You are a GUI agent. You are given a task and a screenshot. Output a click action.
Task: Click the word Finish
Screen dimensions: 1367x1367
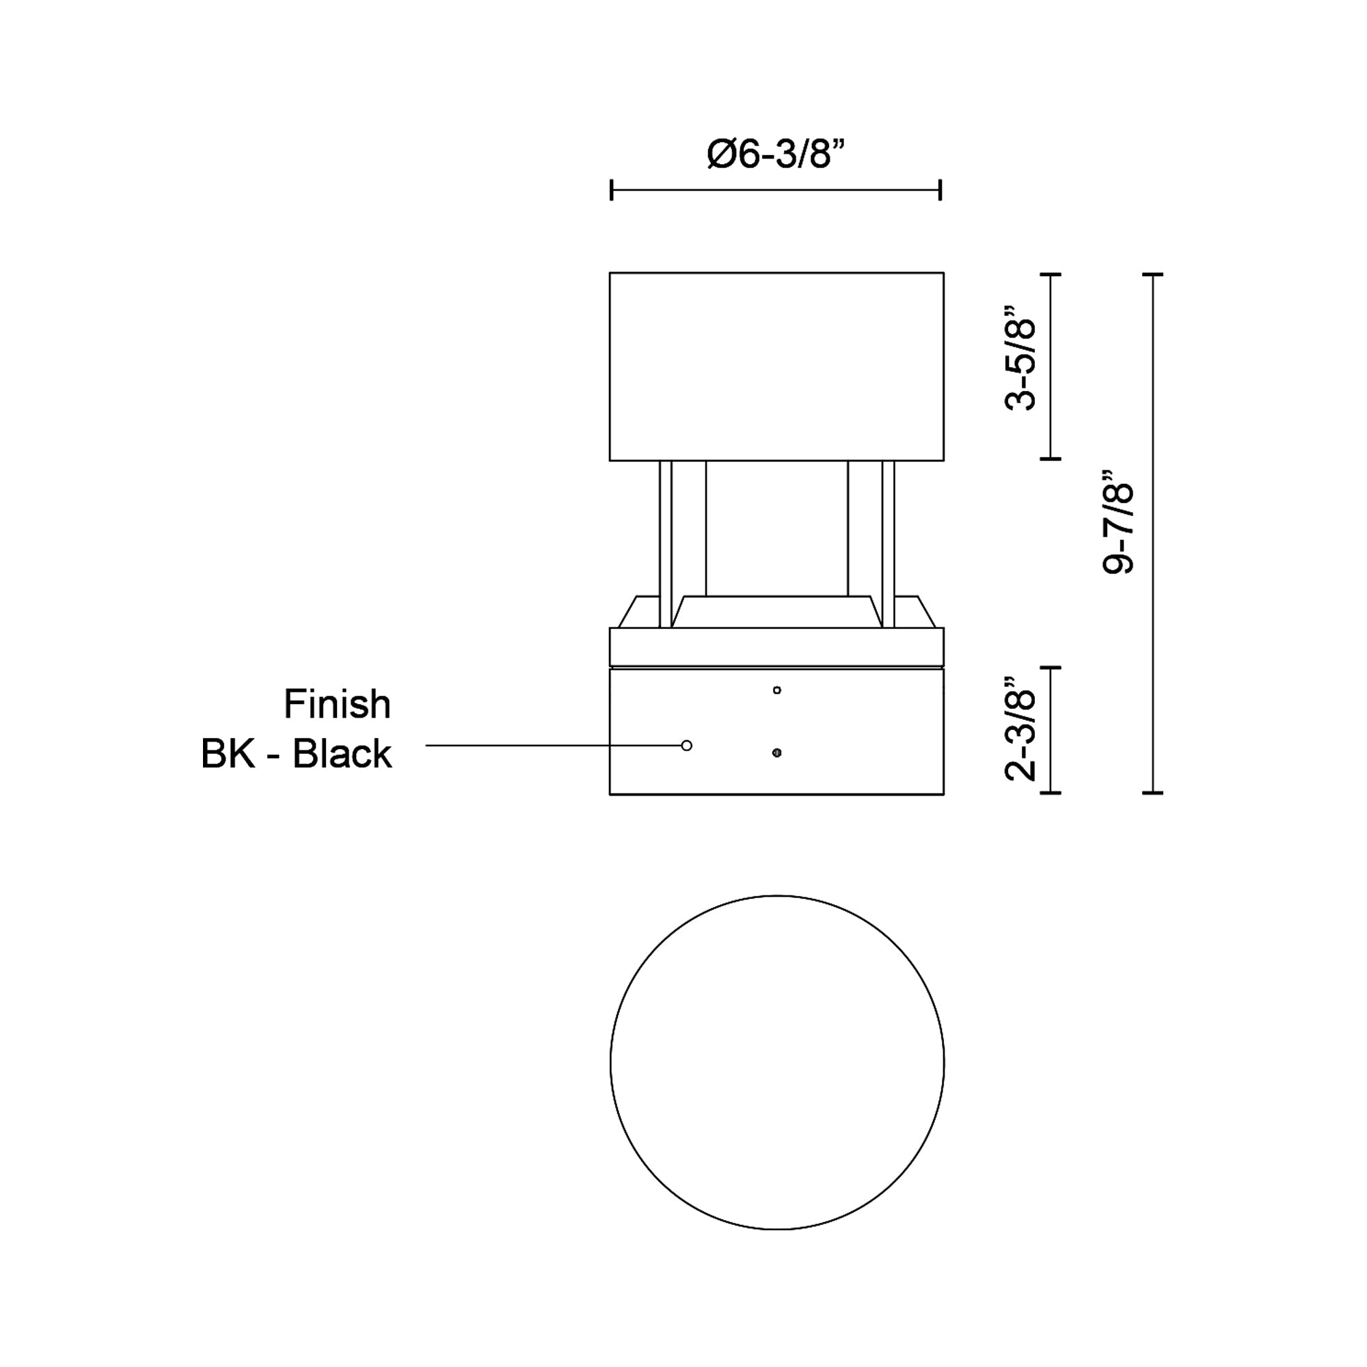338,705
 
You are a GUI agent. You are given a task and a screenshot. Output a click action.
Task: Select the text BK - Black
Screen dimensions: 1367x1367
297,753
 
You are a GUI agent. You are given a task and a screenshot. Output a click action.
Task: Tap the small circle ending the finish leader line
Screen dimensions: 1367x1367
686,745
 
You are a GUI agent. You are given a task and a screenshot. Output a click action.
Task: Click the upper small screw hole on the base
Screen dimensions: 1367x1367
777,690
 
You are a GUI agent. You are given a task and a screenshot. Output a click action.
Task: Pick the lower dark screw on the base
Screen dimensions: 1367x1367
777,753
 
